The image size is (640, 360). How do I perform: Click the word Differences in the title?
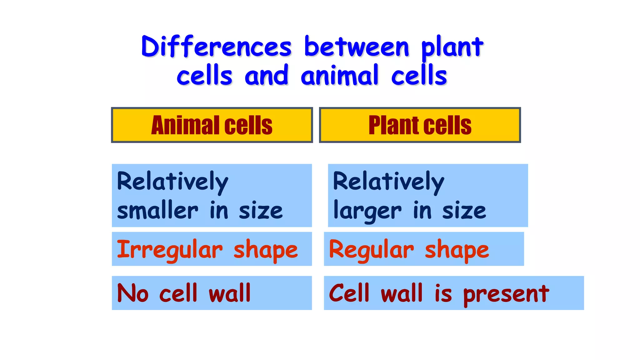(x=216, y=47)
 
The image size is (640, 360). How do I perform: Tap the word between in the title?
(x=356, y=47)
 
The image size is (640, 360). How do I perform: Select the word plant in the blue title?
(x=452, y=47)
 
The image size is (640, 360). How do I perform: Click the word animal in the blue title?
(x=339, y=76)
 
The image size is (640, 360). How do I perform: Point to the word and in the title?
(x=266, y=76)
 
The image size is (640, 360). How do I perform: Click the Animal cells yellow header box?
(x=212, y=125)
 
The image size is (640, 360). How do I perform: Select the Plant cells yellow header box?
(x=420, y=125)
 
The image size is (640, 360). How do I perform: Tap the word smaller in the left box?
(x=157, y=211)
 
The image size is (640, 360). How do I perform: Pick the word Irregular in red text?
(x=170, y=250)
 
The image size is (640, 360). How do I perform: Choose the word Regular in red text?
(x=371, y=250)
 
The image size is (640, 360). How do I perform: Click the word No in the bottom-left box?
(x=132, y=293)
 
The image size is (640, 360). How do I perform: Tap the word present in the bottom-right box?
(x=506, y=294)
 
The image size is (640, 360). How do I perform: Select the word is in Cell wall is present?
(x=443, y=294)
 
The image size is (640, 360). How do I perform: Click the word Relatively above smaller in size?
(x=172, y=182)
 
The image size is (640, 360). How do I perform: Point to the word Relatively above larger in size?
(x=388, y=182)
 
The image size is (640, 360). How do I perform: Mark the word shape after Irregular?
(x=266, y=250)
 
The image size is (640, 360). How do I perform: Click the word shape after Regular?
(x=457, y=250)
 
